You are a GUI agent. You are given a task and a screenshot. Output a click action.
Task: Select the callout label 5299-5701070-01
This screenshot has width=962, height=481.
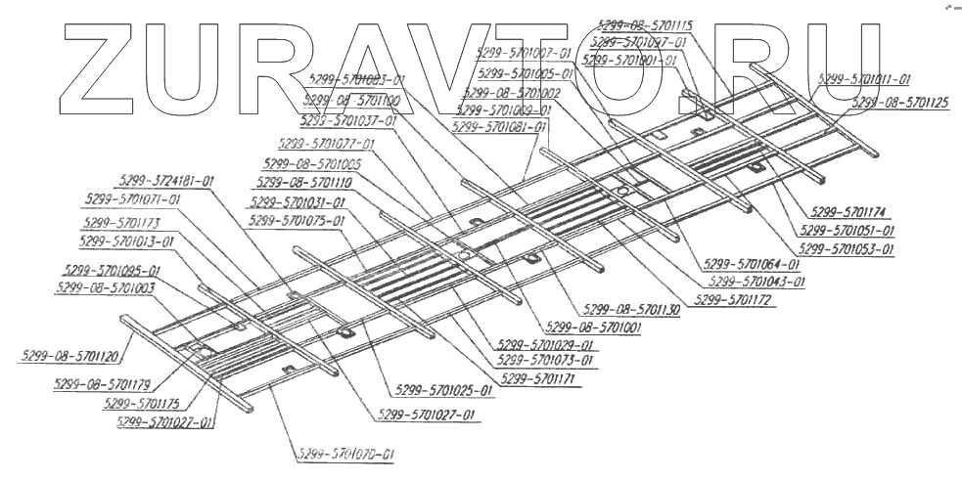click(345, 455)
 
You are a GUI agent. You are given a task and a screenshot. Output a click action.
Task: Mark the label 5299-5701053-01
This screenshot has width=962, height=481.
click(847, 249)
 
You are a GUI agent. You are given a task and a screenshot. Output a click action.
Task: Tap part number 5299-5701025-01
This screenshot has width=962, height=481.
click(445, 390)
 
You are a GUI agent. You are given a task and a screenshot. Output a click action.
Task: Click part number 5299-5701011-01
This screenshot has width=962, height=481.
click(863, 79)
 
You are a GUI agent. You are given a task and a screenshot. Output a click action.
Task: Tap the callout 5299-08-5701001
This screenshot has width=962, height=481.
click(593, 328)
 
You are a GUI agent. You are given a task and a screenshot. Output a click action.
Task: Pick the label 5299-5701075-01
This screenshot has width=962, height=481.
click(298, 221)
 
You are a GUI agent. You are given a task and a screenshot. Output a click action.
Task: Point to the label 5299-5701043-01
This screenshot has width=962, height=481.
click(756, 281)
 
